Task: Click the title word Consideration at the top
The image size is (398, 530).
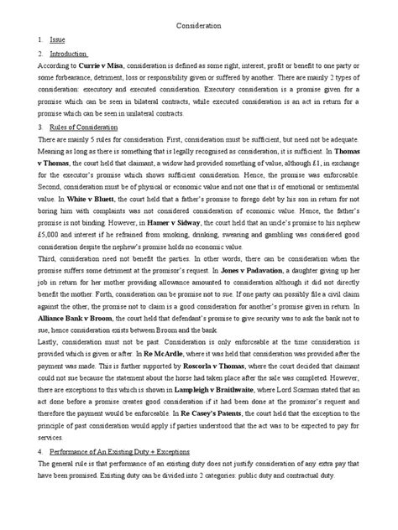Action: pos(198,26)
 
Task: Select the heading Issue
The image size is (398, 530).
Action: pos(59,40)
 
